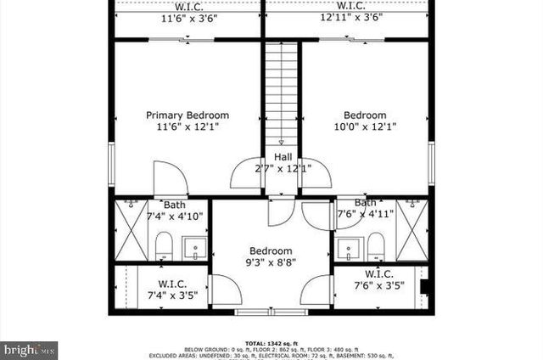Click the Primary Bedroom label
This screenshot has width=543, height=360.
click(187, 115)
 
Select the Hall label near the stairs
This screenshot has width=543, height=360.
click(283, 157)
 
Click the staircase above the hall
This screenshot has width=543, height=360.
click(283, 93)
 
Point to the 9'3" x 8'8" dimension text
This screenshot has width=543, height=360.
click(270, 263)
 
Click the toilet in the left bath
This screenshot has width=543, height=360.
click(164, 247)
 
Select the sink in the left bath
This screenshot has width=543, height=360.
click(196, 250)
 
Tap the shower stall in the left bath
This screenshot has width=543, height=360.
click(131, 231)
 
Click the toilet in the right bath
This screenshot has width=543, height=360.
click(376, 247)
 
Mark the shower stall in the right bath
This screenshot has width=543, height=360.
click(412, 231)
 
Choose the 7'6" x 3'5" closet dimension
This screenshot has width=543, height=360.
click(378, 286)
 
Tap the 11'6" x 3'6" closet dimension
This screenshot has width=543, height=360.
click(187, 17)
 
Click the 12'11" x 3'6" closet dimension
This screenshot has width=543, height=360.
click(349, 17)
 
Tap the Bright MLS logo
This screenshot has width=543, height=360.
click(30, 348)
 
